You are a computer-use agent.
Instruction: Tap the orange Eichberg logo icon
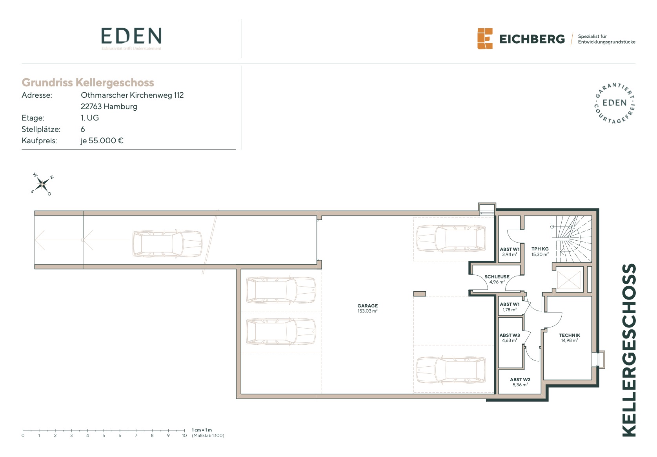[485, 39]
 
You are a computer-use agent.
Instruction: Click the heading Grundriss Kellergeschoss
[88, 82]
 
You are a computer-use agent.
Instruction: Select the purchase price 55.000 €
[106, 141]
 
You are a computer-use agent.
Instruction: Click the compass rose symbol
[42, 184]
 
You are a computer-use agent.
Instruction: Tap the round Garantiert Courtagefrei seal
[615, 103]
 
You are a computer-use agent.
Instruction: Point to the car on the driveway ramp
[167, 244]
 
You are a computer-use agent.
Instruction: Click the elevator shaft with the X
[568, 280]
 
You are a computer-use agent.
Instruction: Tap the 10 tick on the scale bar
[184, 431]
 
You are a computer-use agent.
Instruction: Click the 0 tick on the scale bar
[23, 431]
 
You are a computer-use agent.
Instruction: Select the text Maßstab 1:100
[208, 435]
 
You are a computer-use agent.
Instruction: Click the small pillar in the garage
[419, 294]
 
